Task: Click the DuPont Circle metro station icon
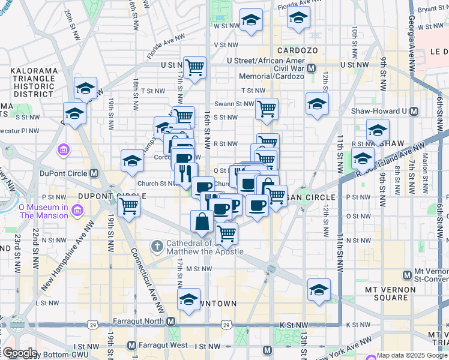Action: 94,173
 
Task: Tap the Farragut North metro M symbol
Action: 171,322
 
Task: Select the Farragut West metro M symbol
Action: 132,346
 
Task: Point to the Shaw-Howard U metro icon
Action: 413,111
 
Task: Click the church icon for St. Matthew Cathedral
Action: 157,245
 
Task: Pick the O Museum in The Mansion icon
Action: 76,211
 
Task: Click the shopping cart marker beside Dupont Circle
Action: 129,207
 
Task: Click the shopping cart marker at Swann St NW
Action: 267,109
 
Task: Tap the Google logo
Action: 19,353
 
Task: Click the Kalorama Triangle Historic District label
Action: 34,82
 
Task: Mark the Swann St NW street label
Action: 235,104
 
